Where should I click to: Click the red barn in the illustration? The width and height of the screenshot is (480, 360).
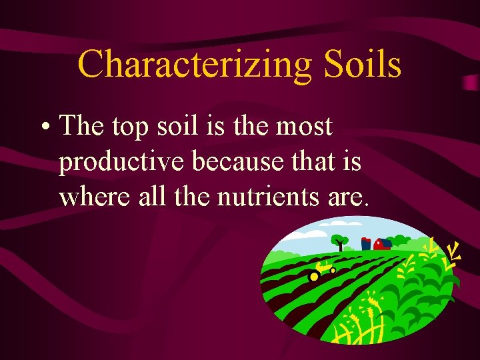pyautogui.click(x=382, y=244)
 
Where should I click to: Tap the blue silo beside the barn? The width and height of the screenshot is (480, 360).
pyautogui.click(x=365, y=244)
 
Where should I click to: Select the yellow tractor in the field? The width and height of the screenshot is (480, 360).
pyautogui.click(x=323, y=269)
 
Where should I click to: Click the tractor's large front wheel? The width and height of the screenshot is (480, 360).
pyautogui.click(x=313, y=276)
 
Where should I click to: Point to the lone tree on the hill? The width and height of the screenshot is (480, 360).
pyautogui.click(x=340, y=241)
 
